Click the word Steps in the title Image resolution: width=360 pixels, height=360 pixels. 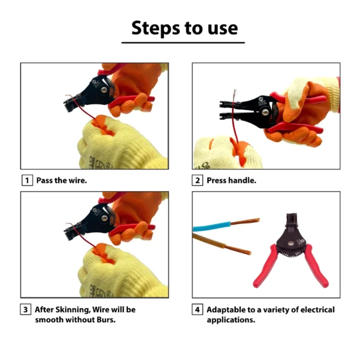point(155,28)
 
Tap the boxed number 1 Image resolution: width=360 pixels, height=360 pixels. point(27,180)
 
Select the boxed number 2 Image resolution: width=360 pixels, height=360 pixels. point(197,180)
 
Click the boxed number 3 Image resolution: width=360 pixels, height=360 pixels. point(25,310)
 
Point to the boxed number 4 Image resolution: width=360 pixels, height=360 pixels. point(197,310)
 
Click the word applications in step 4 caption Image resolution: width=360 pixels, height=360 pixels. point(231,320)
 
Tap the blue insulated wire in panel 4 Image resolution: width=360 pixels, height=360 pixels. point(212,227)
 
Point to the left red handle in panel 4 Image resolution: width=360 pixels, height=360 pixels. point(266,266)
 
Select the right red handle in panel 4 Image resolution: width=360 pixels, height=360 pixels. point(317,266)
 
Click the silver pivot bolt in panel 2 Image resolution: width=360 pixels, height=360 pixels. point(266,112)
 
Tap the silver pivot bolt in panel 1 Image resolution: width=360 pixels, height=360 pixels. point(104,90)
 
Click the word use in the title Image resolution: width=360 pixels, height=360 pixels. point(223,29)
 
